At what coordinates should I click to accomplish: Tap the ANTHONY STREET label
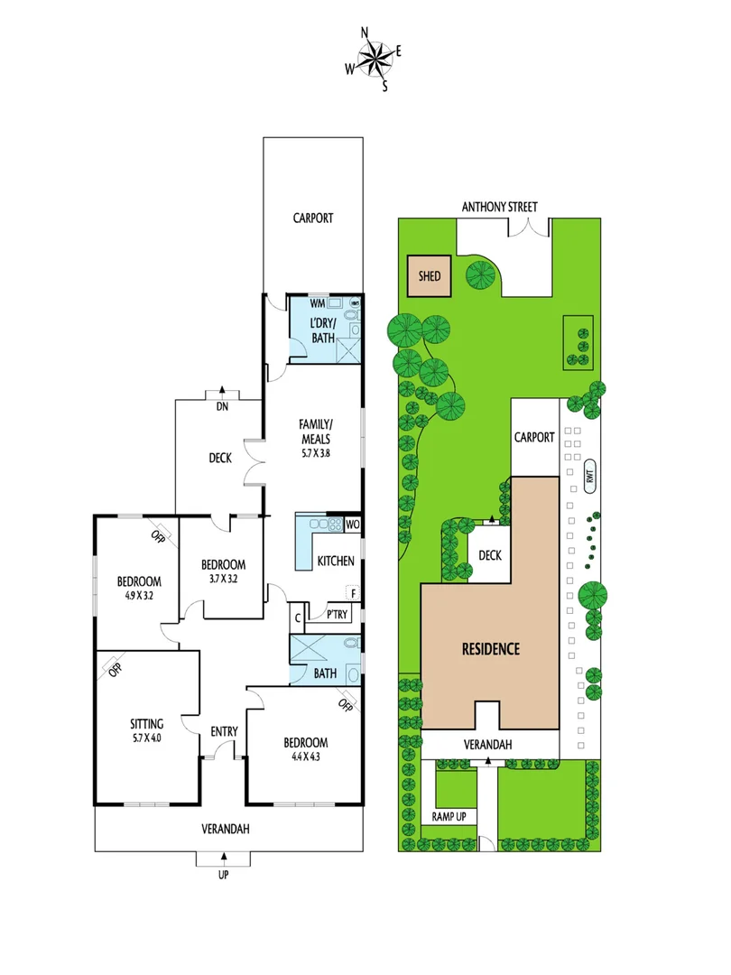coord(499,207)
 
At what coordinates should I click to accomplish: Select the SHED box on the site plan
coord(430,275)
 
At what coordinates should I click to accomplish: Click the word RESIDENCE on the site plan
coord(491,648)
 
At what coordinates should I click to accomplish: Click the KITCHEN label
coord(335,562)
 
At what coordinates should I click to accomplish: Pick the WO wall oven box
coord(352,524)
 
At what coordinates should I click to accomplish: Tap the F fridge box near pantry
coord(353,594)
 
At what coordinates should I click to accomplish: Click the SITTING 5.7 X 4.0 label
coord(146,730)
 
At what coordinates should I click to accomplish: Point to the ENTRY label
coord(223,731)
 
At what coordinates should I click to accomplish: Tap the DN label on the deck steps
coord(220,406)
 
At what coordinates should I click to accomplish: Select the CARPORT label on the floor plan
coord(312,218)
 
